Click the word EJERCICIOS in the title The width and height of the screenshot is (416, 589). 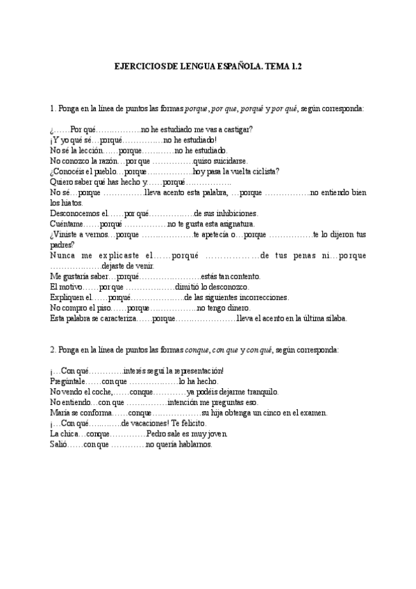(139, 67)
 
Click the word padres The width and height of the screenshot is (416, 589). (62, 244)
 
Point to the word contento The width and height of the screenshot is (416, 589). (244, 276)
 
